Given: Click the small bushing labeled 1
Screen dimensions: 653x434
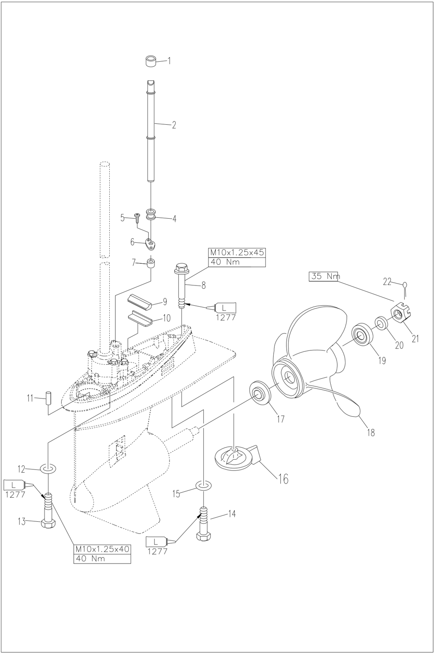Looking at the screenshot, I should tap(150, 61).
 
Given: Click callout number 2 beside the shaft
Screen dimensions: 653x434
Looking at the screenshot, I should tap(174, 125).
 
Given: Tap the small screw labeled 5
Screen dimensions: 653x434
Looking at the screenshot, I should tap(137, 216).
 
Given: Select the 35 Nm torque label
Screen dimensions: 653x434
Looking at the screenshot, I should tap(323, 277).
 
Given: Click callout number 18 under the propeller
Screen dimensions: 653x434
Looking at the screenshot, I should tap(371, 432).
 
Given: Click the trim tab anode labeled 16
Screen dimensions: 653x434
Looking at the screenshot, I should tap(237, 455).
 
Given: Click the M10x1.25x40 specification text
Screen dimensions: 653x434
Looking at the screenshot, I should tap(102, 549).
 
